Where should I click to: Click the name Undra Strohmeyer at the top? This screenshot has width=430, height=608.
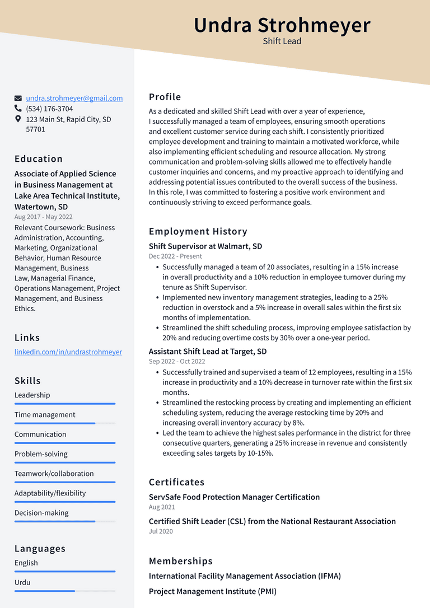(282, 26)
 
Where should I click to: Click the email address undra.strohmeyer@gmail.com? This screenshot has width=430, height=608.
(74, 98)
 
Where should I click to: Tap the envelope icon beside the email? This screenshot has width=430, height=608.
(18, 99)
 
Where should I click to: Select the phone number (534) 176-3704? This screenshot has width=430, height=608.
(49, 109)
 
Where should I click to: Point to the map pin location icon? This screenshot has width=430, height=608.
(18, 119)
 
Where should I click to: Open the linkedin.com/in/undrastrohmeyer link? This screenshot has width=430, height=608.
(68, 352)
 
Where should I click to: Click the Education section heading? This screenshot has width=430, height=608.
(39, 159)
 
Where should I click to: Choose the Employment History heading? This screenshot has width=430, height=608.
(198, 231)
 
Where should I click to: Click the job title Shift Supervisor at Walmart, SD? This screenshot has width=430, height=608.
(205, 246)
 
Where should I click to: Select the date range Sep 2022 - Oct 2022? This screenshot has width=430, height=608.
(177, 362)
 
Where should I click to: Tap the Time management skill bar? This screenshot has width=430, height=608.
(65, 423)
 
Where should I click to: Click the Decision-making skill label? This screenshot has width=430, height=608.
(41, 513)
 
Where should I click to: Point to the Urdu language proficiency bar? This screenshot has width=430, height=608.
(65, 591)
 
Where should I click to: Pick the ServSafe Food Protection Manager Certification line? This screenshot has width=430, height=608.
(235, 497)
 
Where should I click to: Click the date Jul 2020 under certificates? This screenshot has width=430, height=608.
(161, 531)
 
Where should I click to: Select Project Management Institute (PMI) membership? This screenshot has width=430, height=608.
(213, 591)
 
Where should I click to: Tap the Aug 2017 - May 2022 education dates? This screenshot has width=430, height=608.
(44, 217)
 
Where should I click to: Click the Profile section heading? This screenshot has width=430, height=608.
(165, 97)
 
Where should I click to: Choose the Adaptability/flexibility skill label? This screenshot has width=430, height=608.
(50, 493)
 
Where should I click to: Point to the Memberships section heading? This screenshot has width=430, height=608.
(181, 561)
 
